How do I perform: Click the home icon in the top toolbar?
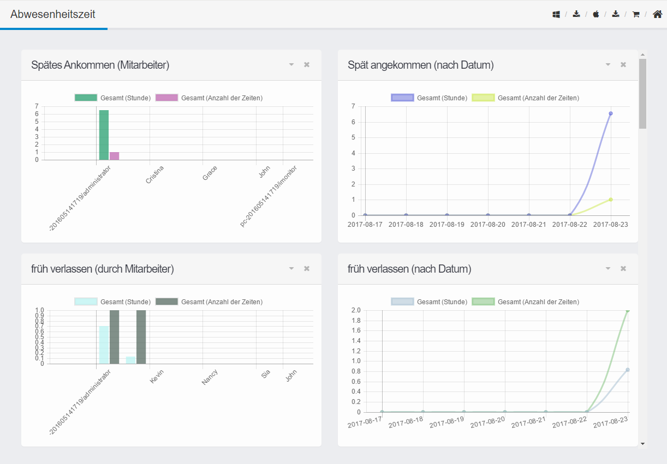pyautogui.click(x=657, y=14)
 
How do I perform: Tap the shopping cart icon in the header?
pyautogui.click(x=636, y=14)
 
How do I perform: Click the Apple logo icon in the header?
pyautogui.click(x=596, y=14)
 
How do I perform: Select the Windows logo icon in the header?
pyautogui.click(x=556, y=14)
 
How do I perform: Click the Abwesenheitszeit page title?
pyautogui.click(x=53, y=14)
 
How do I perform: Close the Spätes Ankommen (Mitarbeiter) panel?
pyautogui.click(x=307, y=64)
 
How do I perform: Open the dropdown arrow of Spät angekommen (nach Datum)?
pyautogui.click(x=608, y=64)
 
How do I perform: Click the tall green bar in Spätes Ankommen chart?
pyautogui.click(x=104, y=135)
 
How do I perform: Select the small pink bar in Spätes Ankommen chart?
pyautogui.click(x=114, y=156)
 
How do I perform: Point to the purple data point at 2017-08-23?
pyautogui.click(x=611, y=113)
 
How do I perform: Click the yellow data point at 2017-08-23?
pyautogui.click(x=611, y=200)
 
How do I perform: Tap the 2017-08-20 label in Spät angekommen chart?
pyautogui.click(x=488, y=225)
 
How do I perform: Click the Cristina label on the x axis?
pyautogui.click(x=154, y=174)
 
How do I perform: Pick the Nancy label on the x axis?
pyautogui.click(x=210, y=377)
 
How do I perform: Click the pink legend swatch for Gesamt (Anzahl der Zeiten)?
pyautogui.click(x=167, y=98)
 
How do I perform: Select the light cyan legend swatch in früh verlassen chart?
pyautogui.click(x=86, y=302)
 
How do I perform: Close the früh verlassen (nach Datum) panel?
pyautogui.click(x=623, y=269)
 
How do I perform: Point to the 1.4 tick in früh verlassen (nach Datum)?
pyautogui.click(x=356, y=341)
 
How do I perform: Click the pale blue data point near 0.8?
pyautogui.click(x=628, y=370)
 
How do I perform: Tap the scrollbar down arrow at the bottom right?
pyautogui.click(x=642, y=444)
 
